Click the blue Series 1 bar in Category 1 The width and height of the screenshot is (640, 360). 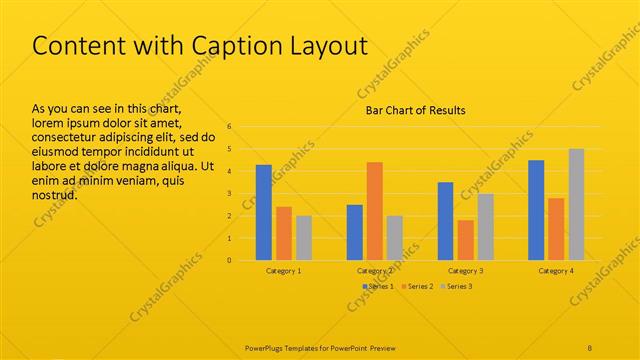(x=264, y=212)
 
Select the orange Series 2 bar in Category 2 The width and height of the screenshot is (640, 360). (x=374, y=211)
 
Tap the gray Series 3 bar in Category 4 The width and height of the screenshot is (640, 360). (x=576, y=205)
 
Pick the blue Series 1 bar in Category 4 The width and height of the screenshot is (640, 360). (x=536, y=210)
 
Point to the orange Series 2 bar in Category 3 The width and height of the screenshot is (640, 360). (x=465, y=240)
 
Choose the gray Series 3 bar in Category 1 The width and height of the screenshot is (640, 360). (x=304, y=238)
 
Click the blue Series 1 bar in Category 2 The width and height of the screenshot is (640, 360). (x=354, y=232)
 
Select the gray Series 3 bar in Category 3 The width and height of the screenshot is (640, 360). (x=485, y=227)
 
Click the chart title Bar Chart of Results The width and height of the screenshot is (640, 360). (x=414, y=110)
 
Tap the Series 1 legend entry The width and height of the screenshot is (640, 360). (x=378, y=287)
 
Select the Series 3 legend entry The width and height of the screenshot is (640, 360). (x=457, y=287)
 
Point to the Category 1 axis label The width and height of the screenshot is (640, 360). (x=284, y=271)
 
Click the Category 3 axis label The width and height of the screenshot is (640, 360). (x=465, y=271)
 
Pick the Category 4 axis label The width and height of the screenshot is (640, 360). (x=556, y=271)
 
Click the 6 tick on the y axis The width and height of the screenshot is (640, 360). (x=229, y=127)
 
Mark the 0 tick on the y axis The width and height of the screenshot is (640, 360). (x=229, y=260)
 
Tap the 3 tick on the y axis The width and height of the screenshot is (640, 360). (x=229, y=194)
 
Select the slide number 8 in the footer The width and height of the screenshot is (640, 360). (x=590, y=348)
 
